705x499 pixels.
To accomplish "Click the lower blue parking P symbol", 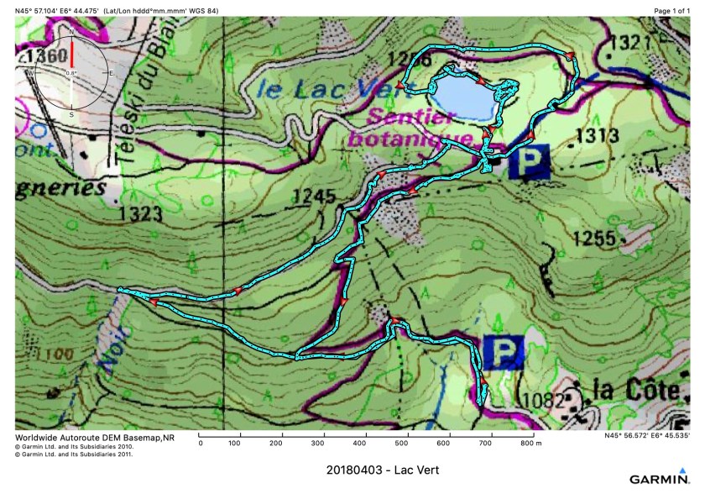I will tap(504, 351).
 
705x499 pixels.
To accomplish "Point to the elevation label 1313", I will tap(598, 136).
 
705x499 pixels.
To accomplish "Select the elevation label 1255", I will tap(594, 239).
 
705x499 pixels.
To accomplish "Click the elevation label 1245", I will tap(314, 197).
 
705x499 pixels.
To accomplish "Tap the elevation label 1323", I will tap(139, 213).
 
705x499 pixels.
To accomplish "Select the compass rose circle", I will tap(71, 73).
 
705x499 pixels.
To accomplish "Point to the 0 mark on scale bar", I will tap(200, 443).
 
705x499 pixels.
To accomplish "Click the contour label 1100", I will tap(37, 355).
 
